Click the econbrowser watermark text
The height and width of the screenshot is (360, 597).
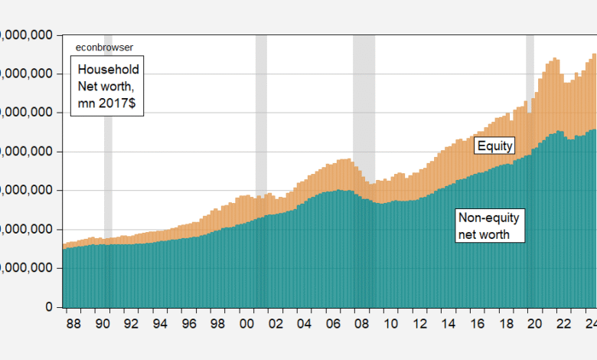(x=104, y=47)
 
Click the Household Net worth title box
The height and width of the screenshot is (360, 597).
(x=108, y=88)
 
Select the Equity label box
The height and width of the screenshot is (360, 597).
(x=494, y=146)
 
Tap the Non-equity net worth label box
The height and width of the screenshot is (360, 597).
(x=490, y=226)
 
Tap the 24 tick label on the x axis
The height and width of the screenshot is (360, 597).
(x=589, y=324)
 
